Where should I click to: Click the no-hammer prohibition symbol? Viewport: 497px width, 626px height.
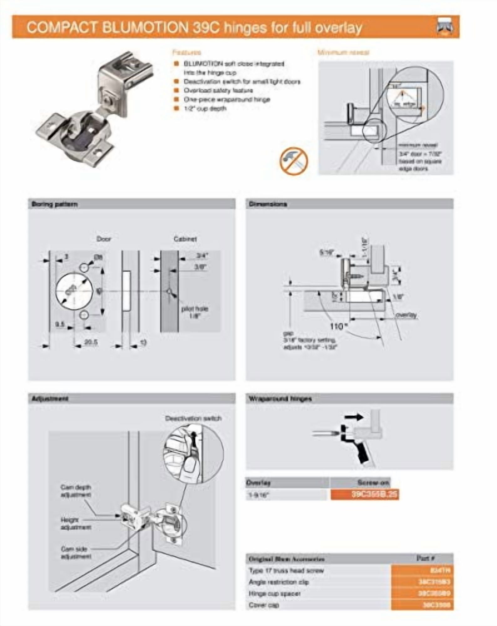click(x=294, y=161)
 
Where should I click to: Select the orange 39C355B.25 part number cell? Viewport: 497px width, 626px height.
click(x=365, y=495)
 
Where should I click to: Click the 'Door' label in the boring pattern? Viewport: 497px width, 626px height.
click(x=104, y=239)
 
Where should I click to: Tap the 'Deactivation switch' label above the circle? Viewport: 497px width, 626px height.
click(x=193, y=418)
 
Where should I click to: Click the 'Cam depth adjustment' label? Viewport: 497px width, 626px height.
click(x=76, y=491)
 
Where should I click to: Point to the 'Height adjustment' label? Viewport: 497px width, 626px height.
click(x=76, y=523)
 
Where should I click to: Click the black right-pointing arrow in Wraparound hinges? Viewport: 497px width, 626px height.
click(x=354, y=417)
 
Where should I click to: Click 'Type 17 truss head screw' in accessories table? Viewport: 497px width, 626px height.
click(x=286, y=570)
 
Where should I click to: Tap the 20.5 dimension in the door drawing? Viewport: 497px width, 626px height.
click(x=91, y=342)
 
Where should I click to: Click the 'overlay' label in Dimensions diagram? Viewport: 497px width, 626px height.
click(x=406, y=315)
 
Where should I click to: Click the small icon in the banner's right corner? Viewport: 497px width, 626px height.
click(x=445, y=27)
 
